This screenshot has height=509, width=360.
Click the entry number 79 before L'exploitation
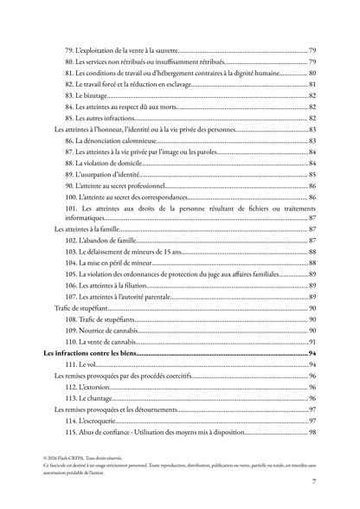(x=69, y=51)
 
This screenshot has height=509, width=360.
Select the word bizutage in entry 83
(x=96, y=95)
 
